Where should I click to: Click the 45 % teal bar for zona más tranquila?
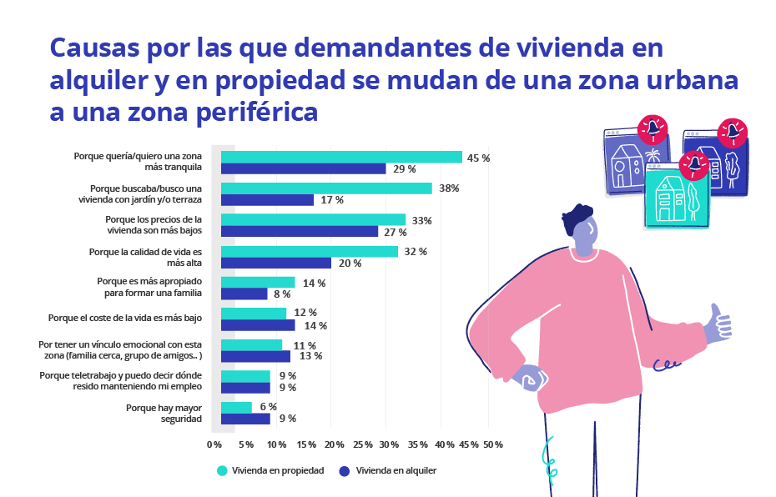click(x=341, y=157)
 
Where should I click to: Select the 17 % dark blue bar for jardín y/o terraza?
click(x=267, y=200)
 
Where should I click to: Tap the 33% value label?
click(x=421, y=220)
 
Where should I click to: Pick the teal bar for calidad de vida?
click(x=309, y=251)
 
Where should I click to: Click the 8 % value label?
click(x=281, y=294)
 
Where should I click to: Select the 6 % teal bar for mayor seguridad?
click(x=236, y=407)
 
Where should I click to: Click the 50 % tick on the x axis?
click(x=493, y=444)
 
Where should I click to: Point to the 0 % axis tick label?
click(x=214, y=444)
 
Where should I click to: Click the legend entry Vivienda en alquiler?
click(x=387, y=470)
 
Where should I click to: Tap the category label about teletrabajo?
click(x=121, y=381)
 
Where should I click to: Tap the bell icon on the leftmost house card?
click(x=653, y=129)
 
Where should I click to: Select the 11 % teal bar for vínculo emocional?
click(x=251, y=345)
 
